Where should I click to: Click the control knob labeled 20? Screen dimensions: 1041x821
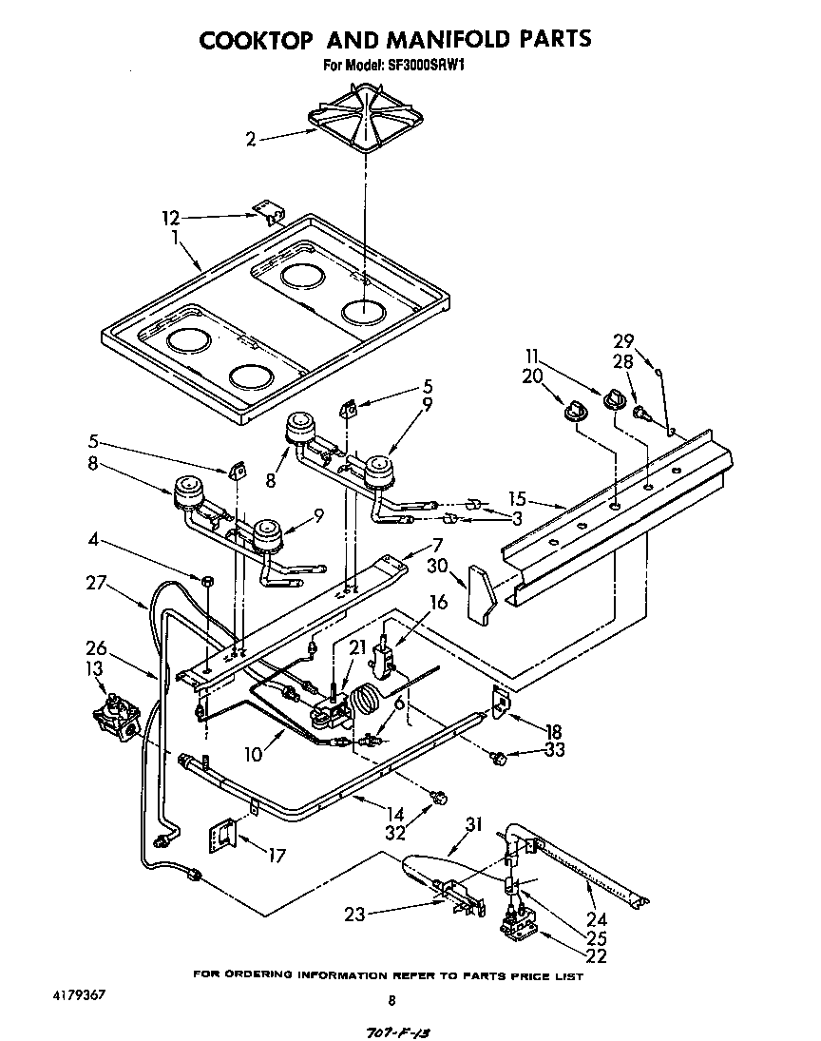574,409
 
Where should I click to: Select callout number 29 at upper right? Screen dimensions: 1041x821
623,340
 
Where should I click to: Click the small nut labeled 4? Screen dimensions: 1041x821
206,580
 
